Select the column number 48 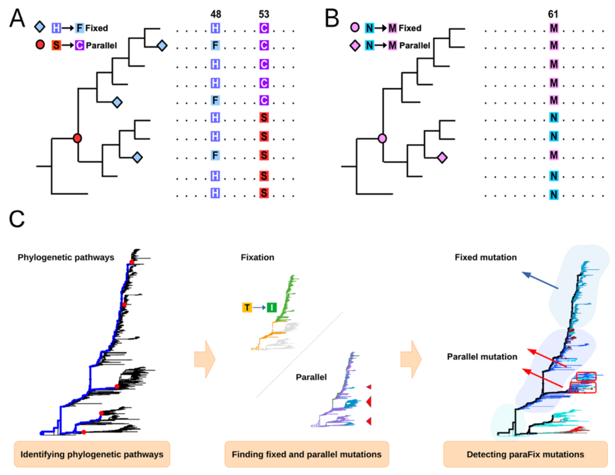click(216, 14)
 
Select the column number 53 click(264, 14)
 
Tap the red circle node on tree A click(77, 138)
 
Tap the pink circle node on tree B click(382, 138)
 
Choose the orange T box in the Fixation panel click(247, 307)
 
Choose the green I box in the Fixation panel click(272, 307)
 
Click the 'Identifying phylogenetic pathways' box click(92, 454)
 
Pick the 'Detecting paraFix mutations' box click(525, 454)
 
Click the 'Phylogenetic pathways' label click(66, 257)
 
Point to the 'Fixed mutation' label click(485, 257)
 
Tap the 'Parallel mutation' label click(482, 357)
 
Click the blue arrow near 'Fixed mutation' click(539, 280)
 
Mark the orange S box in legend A click(56, 45)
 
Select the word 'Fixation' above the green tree click(257, 257)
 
